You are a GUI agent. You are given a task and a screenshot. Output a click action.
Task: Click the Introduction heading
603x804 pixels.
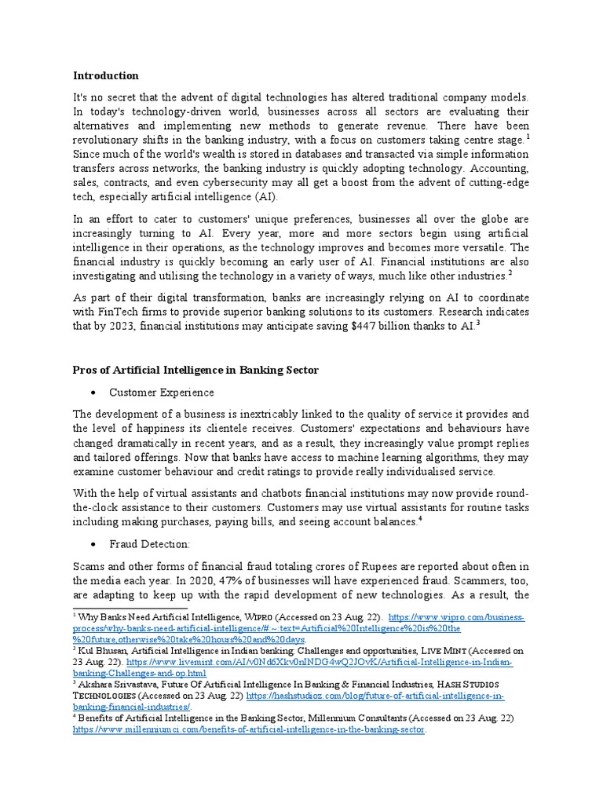pyautogui.click(x=105, y=76)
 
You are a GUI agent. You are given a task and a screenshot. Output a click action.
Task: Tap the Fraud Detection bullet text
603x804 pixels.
pyautogui.click(x=149, y=544)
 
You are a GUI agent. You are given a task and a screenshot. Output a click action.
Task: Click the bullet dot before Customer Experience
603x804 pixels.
pyautogui.click(x=93, y=392)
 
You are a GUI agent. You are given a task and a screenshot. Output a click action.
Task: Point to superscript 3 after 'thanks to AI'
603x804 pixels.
pyautogui.click(x=477, y=323)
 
